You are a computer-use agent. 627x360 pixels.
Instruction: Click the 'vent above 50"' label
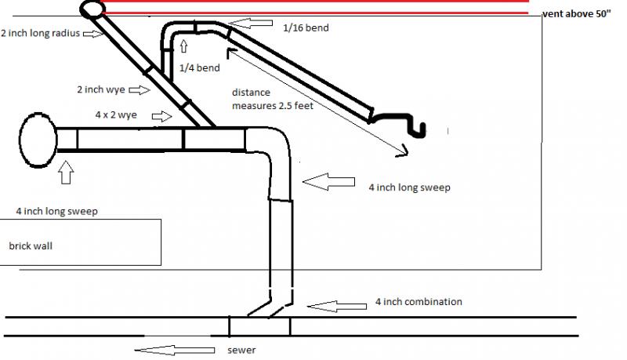(577, 14)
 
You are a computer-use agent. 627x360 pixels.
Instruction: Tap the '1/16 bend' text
(306, 28)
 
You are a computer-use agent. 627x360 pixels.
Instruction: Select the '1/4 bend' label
(200, 67)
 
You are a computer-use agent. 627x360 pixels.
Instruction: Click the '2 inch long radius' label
(41, 33)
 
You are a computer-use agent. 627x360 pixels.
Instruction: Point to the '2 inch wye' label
(101, 89)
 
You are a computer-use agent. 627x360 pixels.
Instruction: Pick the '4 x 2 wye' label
(116, 115)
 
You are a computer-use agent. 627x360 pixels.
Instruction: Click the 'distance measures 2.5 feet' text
(272, 99)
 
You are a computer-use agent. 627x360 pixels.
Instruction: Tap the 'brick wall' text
(31, 246)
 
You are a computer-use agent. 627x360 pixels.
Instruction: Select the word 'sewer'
(241, 351)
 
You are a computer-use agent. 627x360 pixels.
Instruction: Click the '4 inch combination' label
(419, 302)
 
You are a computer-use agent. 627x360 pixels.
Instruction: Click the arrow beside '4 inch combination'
(337, 307)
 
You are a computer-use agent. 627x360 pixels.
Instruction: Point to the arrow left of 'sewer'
(174, 351)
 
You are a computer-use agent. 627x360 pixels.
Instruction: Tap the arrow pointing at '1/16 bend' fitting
(251, 24)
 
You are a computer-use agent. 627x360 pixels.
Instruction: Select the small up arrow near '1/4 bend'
(184, 46)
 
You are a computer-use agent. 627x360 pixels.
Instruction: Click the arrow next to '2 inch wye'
(140, 90)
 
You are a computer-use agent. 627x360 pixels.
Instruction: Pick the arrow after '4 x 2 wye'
(162, 116)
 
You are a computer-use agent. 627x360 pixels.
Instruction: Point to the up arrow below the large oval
(66, 173)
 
